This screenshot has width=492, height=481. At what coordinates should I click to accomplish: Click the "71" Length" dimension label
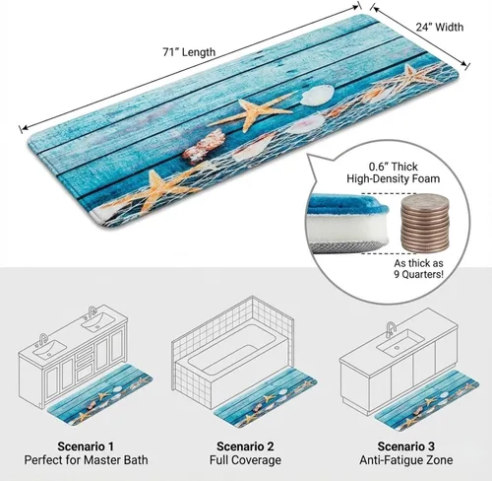coord(189,52)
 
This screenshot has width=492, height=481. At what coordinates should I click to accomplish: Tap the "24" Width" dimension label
coord(440,27)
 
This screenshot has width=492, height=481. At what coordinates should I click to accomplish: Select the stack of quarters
coord(424,224)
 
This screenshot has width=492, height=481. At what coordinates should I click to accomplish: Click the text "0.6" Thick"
coord(394,167)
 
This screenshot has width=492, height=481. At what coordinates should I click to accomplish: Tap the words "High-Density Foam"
coord(394,178)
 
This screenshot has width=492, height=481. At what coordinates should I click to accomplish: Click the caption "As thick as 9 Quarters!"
coord(418,269)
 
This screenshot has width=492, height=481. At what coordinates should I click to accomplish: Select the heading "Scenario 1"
coord(86,447)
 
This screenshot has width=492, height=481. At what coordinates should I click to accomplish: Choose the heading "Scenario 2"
coord(245,447)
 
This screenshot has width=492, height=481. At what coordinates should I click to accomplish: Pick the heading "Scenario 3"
coord(405,447)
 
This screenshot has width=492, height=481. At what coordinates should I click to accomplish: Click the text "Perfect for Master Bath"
coord(86,459)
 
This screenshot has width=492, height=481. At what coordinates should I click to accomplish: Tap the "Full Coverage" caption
coord(245,460)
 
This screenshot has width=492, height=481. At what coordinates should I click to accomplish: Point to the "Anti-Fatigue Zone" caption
coord(406,460)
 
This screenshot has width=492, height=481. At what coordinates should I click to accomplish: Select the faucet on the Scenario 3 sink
coord(391,329)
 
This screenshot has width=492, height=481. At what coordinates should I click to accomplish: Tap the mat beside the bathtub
coord(265,398)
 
